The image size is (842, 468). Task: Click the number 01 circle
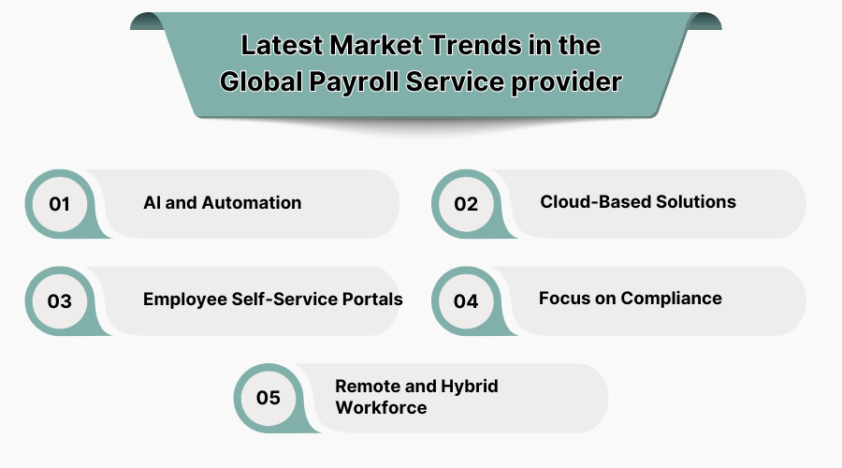[x=60, y=203]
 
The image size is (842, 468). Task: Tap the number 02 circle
[x=466, y=203]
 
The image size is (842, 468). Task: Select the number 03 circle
[x=60, y=301]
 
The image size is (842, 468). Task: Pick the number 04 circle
[x=466, y=301]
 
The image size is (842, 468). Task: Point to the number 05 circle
[x=269, y=398]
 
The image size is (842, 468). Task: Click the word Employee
[x=183, y=300]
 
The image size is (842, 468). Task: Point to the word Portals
[x=372, y=300]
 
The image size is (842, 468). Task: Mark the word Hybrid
[x=471, y=387]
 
